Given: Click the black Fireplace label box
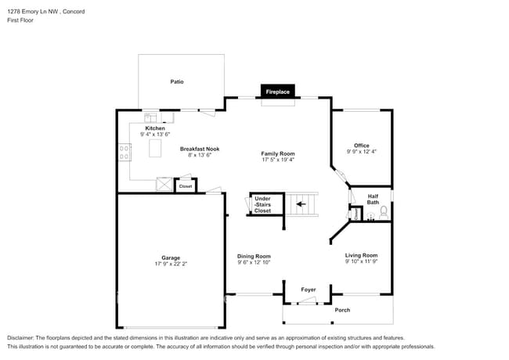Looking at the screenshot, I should tap(278, 92).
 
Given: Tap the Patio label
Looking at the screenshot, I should tap(177, 81).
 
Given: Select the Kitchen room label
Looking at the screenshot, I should tap(154, 128).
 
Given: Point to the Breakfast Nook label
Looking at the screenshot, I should tap(199, 149).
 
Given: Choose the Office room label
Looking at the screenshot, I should tap(361, 145).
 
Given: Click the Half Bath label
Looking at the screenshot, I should tap(373, 200).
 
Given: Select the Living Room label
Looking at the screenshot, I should tap(361, 255).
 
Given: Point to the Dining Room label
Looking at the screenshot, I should tap(254, 256).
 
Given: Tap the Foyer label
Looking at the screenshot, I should tap(309, 290).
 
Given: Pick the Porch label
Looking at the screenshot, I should tap(342, 310).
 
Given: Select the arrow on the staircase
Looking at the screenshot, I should tap(301, 207).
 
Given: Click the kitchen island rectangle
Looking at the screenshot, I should tap(155, 147).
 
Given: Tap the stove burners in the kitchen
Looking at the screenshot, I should tap(124, 151).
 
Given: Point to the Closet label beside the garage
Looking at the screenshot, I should tap(186, 186).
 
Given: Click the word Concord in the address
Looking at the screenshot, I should tap(73, 12).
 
